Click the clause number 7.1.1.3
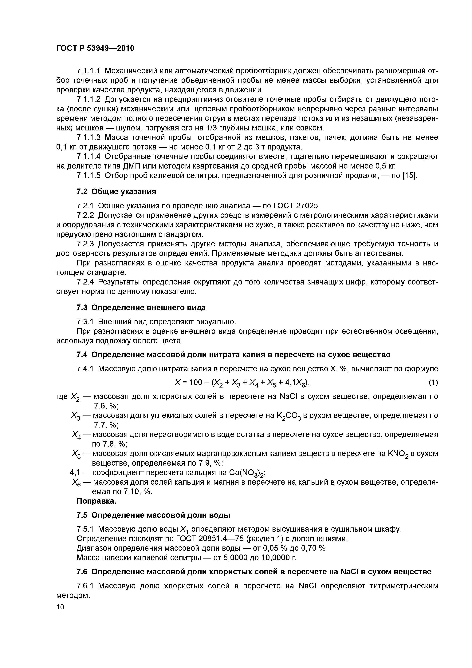(x=88, y=137)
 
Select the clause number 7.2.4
(x=85, y=282)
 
